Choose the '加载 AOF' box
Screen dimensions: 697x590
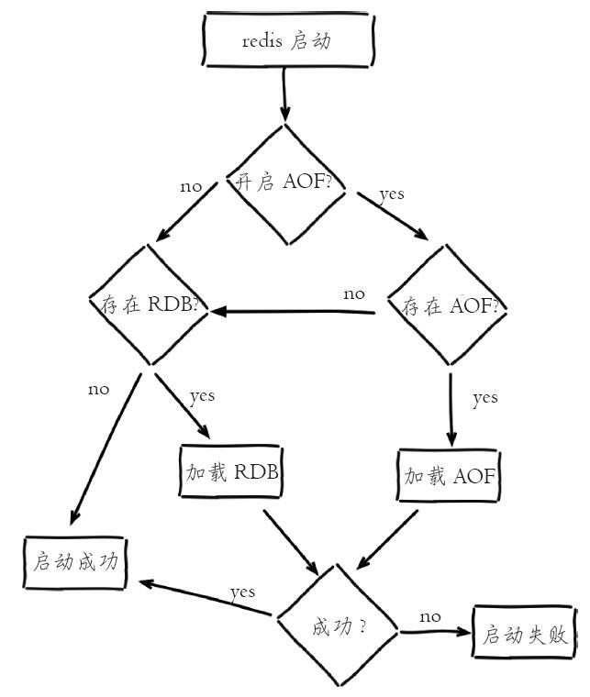pyautogui.click(x=451, y=476)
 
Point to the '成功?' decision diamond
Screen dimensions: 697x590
pyautogui.click(x=340, y=627)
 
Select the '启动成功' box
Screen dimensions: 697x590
pyautogui.click(x=76, y=561)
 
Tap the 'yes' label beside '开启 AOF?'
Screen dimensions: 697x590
pyautogui.click(x=392, y=194)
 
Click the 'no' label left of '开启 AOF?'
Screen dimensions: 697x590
pyautogui.click(x=191, y=186)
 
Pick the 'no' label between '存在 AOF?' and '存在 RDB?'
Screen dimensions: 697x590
pyautogui.click(x=353, y=294)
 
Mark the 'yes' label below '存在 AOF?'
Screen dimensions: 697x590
pyautogui.click(x=484, y=397)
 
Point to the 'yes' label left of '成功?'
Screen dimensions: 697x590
pyautogui.click(x=242, y=592)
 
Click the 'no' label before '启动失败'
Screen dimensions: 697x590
pyautogui.click(x=430, y=616)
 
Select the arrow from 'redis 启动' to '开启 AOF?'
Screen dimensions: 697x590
pyautogui.click(x=284, y=94)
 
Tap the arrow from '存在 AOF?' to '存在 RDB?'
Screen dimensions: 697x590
pyautogui.click(x=294, y=312)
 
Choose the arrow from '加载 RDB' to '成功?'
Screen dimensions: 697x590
pyautogui.click(x=291, y=541)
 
